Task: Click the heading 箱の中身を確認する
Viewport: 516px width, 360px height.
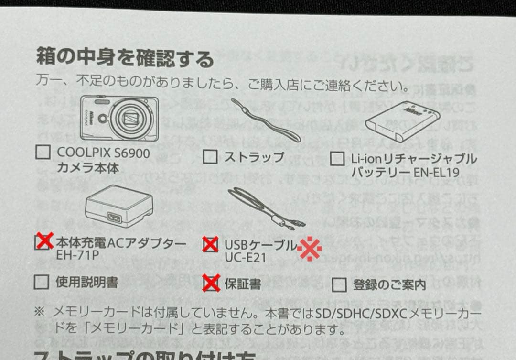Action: (125, 59)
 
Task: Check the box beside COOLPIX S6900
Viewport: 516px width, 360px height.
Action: (43, 153)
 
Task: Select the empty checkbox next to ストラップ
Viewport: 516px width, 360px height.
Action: (210, 156)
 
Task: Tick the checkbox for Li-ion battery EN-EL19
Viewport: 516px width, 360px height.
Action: (337, 159)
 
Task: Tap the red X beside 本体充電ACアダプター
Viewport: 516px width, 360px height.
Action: (44, 242)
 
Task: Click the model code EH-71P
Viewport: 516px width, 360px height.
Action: (77, 255)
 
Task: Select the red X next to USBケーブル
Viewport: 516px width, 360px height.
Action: (210, 244)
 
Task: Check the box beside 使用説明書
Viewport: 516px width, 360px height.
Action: (42, 282)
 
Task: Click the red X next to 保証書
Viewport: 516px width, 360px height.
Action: (210, 283)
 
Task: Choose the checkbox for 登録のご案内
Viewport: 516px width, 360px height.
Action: (339, 285)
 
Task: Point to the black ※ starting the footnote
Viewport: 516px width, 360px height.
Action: (40, 312)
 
